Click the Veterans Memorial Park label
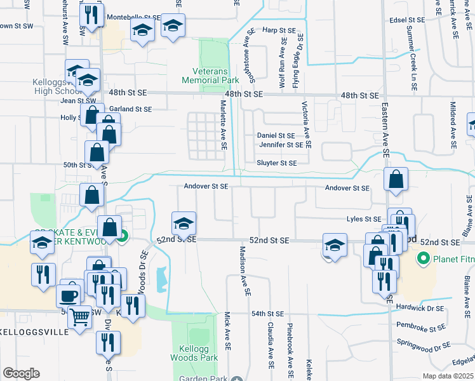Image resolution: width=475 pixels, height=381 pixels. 210,76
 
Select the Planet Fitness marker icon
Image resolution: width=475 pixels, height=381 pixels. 423,259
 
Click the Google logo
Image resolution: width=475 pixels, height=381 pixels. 21,373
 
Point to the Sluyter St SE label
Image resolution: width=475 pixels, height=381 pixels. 276,163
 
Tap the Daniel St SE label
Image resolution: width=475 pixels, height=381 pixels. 276,135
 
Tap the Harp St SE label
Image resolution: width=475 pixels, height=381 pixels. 279,30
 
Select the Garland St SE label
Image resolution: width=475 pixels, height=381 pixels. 130,109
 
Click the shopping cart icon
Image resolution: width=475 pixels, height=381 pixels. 80,316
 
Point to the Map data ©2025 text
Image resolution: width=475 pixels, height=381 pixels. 447,376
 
